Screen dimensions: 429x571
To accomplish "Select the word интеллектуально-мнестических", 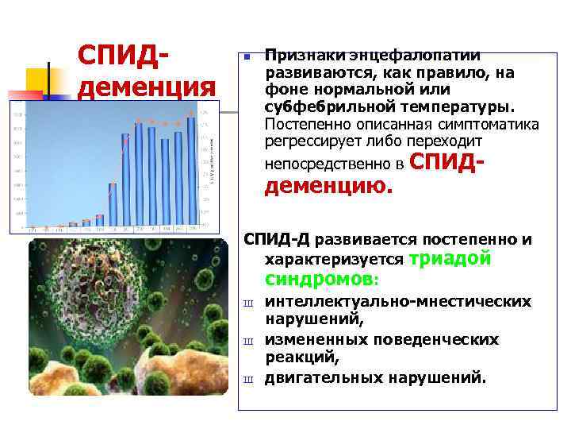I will tap(397, 302).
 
